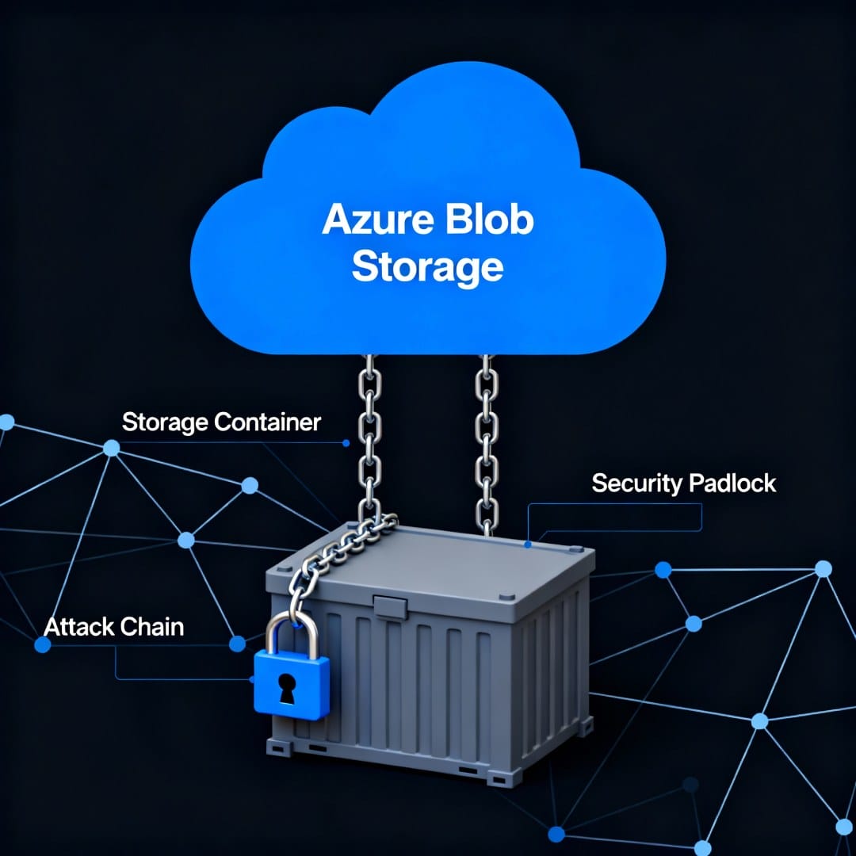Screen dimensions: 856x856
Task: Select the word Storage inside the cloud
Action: (x=427, y=268)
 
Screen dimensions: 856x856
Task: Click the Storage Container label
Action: (x=221, y=422)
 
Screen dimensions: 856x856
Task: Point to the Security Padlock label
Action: (x=683, y=483)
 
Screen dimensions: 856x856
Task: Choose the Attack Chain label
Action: (x=114, y=627)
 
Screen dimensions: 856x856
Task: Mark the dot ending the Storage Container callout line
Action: (x=346, y=444)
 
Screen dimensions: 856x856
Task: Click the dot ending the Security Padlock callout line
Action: (x=527, y=545)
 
